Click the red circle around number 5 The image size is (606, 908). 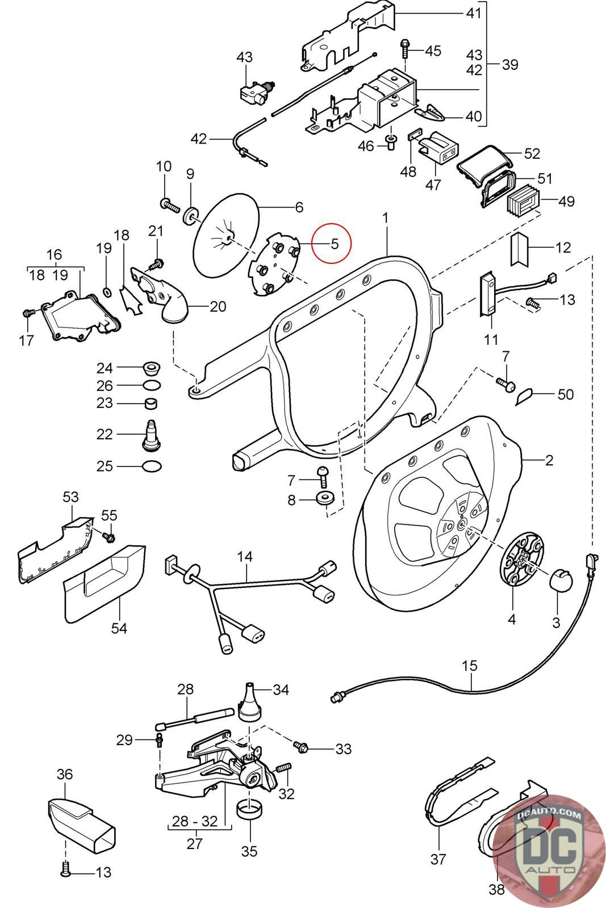point(334,243)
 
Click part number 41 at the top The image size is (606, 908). point(473,12)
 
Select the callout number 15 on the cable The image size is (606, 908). point(470,665)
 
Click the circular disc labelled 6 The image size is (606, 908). point(225,240)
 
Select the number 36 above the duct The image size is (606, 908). point(65,774)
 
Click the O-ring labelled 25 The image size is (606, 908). point(151,466)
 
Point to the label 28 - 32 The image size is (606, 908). point(194,821)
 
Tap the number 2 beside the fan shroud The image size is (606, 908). point(549,460)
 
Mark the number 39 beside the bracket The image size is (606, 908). point(509,65)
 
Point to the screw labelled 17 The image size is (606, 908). point(27,313)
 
